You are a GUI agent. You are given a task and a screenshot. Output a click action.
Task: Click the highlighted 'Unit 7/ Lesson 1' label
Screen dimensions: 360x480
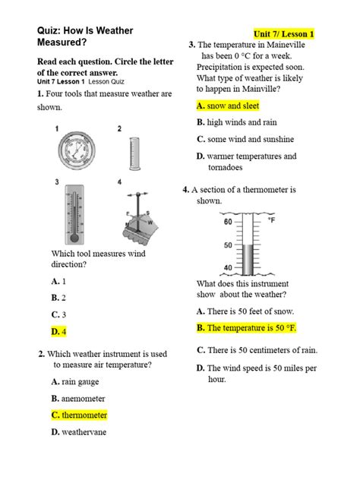click(x=284, y=33)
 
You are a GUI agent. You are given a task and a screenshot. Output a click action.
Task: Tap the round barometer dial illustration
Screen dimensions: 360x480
click(x=77, y=150)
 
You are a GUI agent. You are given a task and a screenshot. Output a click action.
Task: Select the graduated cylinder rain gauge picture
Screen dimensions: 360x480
click(x=134, y=153)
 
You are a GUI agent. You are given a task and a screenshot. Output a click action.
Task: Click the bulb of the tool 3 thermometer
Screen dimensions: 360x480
click(x=74, y=238)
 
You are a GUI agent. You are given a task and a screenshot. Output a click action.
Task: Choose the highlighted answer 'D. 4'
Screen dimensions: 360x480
click(x=58, y=332)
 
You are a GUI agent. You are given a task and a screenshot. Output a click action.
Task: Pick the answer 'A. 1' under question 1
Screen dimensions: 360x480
click(x=58, y=281)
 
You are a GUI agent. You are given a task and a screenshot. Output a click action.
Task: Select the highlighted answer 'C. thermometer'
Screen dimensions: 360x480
click(x=79, y=415)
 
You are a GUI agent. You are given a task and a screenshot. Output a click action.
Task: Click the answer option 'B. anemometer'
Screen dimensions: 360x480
click(x=78, y=399)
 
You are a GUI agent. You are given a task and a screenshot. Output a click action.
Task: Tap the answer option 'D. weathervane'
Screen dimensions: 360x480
click(x=79, y=432)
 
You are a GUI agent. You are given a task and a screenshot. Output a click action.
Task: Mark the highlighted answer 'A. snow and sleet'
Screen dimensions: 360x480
click(x=228, y=106)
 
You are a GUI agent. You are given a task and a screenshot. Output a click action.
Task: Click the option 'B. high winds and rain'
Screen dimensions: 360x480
click(x=237, y=122)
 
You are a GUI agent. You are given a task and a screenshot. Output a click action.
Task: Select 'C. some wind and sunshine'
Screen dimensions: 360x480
click(x=245, y=139)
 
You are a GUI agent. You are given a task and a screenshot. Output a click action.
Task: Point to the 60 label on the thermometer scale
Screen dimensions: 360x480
click(x=228, y=222)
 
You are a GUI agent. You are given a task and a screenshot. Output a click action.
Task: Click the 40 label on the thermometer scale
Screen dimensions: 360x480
click(x=228, y=268)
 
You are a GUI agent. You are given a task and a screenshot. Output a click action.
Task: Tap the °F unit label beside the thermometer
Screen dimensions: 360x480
click(x=271, y=220)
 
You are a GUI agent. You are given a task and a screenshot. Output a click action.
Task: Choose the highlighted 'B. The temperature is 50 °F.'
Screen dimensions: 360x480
click(x=246, y=328)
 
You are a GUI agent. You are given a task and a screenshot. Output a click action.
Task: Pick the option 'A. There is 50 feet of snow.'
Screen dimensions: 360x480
click(x=245, y=311)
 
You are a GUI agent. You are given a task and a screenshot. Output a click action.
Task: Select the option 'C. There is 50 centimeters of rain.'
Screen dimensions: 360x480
click(x=257, y=350)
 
